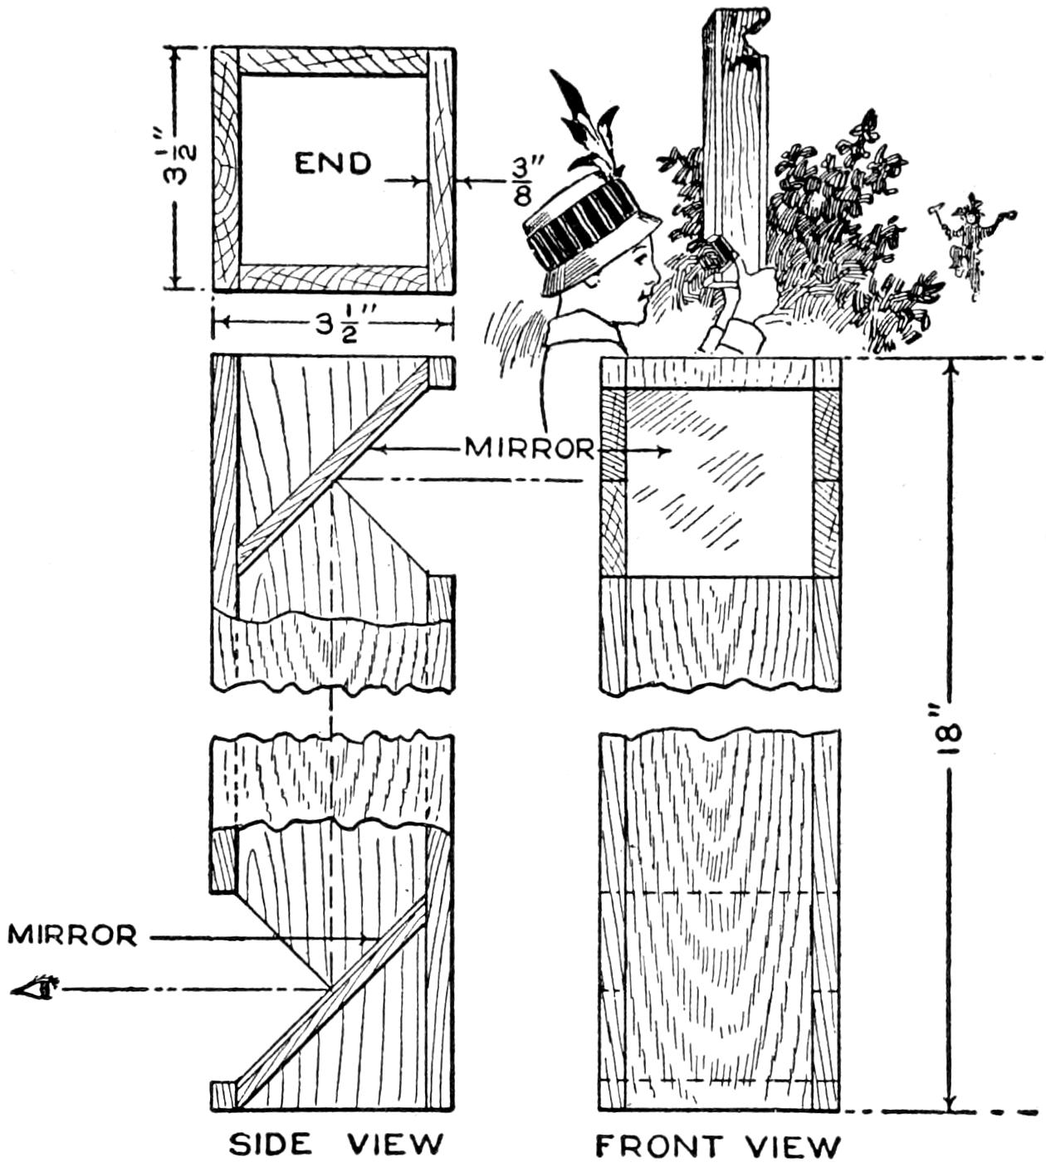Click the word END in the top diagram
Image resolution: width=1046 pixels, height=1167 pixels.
point(333,164)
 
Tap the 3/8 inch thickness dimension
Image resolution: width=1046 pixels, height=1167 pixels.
point(521,182)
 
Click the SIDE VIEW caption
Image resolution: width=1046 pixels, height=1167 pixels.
point(335,1145)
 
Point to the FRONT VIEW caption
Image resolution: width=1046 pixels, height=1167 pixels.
point(719,1146)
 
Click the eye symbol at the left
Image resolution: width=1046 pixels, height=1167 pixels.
point(37,988)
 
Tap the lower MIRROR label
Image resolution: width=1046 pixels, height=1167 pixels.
point(72,935)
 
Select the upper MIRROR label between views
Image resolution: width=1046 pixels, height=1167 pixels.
point(529,448)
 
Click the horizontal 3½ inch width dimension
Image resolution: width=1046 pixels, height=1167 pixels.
point(333,323)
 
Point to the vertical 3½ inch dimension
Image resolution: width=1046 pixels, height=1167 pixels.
point(183,166)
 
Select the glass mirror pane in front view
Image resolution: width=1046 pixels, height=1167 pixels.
point(717,481)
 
